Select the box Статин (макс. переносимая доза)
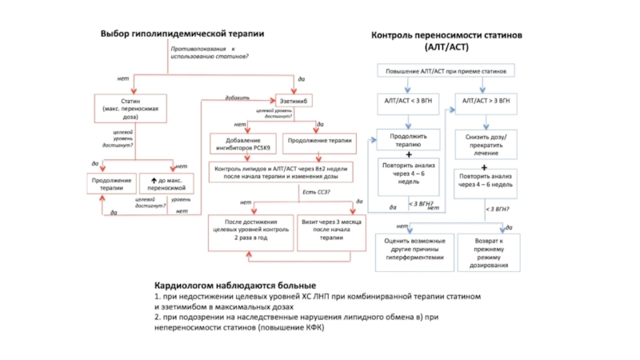coord(131,107)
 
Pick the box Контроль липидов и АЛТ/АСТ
coord(281,171)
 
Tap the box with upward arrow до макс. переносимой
coord(172,184)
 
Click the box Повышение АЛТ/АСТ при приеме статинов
coord(447,70)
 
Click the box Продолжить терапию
coord(408,141)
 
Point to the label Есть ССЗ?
coord(315,192)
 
